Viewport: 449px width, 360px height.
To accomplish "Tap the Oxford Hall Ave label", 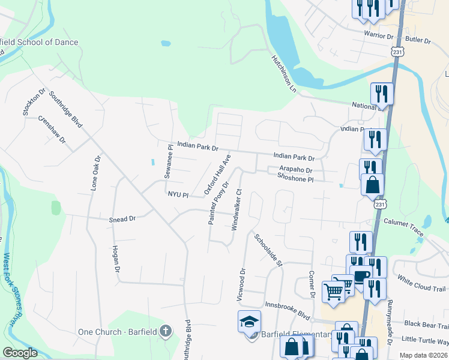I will point(217,174).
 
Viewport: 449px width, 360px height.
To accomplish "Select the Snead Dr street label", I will point(122,220).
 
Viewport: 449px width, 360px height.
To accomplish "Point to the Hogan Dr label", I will point(116,259).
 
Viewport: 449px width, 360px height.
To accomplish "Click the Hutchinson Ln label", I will point(284,74).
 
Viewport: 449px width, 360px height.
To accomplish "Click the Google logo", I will point(20,353).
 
